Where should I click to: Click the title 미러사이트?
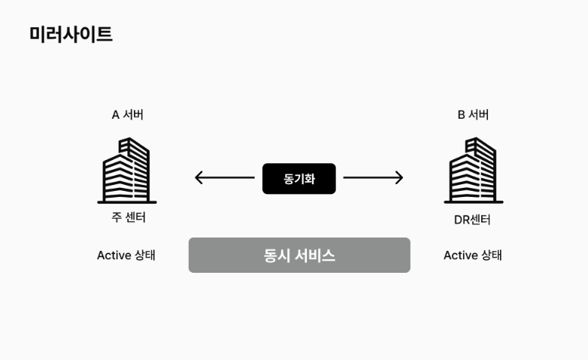[x=71, y=34]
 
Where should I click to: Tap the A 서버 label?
[x=127, y=115]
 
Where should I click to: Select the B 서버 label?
[x=473, y=115]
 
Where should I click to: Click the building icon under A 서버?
[x=127, y=171]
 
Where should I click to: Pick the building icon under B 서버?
[x=473, y=171]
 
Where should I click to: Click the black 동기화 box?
[x=299, y=179]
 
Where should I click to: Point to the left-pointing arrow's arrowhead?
[x=199, y=178]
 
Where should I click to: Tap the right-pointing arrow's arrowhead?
[x=399, y=178]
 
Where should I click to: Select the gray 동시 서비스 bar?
[x=299, y=255]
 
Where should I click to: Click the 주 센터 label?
[x=128, y=218]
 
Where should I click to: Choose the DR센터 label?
[x=472, y=220]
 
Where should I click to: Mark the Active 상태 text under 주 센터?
[x=126, y=255]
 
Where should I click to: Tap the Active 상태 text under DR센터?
[x=472, y=255]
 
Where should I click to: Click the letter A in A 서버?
[x=116, y=115]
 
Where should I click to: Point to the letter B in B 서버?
[x=462, y=115]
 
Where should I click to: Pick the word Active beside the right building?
[x=460, y=255]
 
